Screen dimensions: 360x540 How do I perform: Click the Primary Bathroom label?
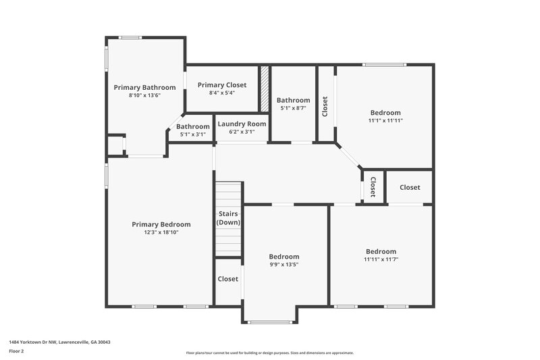click(144, 87)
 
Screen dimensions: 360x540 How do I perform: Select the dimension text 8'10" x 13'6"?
click(144, 96)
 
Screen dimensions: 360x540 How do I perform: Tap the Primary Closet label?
click(221, 85)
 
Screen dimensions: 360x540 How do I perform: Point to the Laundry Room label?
click(242, 124)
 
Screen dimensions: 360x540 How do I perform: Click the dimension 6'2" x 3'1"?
click(242, 133)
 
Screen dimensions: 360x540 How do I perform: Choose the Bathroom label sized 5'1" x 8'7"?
click(293, 100)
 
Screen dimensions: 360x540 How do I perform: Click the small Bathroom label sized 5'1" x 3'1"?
click(193, 126)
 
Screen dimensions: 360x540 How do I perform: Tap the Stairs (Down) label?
click(228, 217)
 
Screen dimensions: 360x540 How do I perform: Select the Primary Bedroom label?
click(161, 224)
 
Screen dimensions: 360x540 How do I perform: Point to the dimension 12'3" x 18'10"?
click(161, 232)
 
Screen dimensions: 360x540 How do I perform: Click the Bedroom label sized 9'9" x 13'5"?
click(284, 257)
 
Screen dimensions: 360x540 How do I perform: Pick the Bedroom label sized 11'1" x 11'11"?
click(385, 113)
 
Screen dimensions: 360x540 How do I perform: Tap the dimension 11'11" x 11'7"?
click(380, 259)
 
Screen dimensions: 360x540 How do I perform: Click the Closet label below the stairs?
click(228, 279)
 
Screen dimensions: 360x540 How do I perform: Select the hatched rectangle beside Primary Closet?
click(265, 88)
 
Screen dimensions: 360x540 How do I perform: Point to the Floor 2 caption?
click(16, 351)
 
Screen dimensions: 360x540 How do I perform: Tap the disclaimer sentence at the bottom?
click(269, 353)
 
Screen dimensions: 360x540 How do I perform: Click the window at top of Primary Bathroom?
click(130, 37)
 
